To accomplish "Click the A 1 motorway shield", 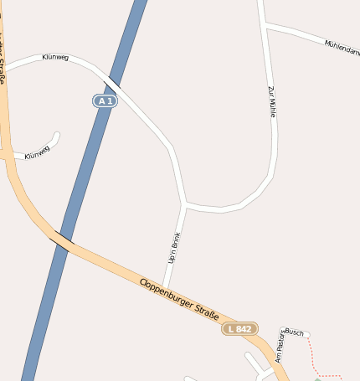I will click(x=105, y=100).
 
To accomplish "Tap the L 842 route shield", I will click(x=240, y=329).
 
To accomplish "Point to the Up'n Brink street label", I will click(x=174, y=249).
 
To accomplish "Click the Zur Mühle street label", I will click(x=271, y=100).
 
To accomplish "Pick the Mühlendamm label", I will click(x=342, y=48).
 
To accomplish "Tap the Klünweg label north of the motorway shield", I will click(x=55, y=58).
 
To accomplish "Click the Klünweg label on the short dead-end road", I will click(x=37, y=152).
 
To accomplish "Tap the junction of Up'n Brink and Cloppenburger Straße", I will click(x=163, y=286).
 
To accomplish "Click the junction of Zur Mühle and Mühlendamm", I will click(x=265, y=26).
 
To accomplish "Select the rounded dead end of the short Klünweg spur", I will click(x=57, y=134).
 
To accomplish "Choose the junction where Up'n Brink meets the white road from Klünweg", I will click(x=184, y=203).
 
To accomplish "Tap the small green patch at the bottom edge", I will click(x=318, y=378).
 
